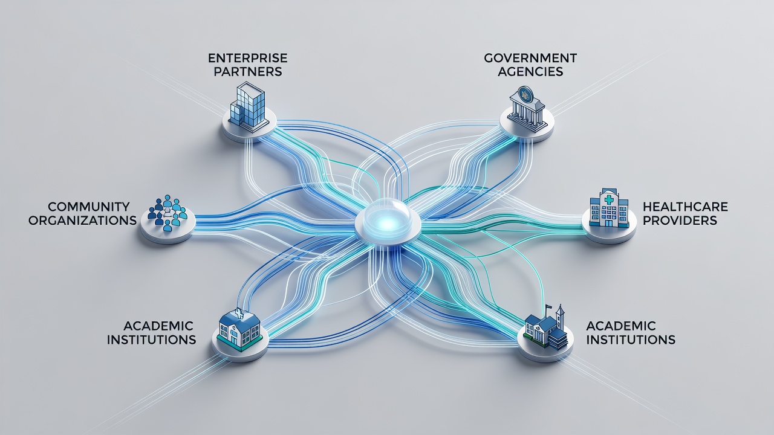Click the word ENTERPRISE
click(248, 57)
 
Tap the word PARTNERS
click(248, 71)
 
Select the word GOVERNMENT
click(530, 57)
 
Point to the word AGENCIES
click(530, 71)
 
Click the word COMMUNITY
click(89, 207)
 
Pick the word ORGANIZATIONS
click(83, 221)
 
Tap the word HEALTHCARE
click(686, 207)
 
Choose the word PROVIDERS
click(680, 221)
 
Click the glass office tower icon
click(249, 105)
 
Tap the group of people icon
click(167, 213)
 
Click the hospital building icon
click(609, 208)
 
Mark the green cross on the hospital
click(608, 200)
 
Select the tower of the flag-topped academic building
click(559, 321)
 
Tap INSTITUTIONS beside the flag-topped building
click(631, 340)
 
